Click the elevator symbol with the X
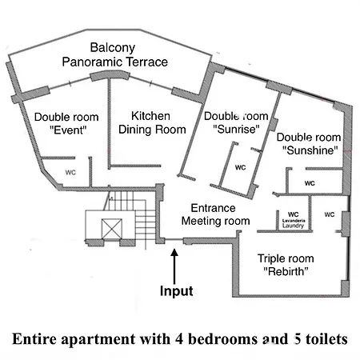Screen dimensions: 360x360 (112, 228)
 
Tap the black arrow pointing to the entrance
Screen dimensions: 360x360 (174, 266)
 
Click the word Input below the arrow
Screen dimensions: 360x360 (176, 290)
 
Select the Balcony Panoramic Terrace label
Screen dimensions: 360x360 (114, 54)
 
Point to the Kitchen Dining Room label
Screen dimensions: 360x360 (152, 122)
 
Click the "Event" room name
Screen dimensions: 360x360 (68, 130)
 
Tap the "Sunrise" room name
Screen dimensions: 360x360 (236, 130)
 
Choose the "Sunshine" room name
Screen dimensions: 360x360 (310, 150)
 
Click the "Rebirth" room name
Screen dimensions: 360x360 (286, 271)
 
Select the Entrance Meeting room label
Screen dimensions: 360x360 (215, 214)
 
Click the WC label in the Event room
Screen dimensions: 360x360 (70, 173)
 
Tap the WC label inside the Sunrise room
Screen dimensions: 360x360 (240, 167)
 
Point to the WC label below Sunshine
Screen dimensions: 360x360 (310, 183)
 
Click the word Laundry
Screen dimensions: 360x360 (293, 226)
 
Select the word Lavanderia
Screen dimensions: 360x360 (294, 221)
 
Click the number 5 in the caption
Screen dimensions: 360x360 (297, 339)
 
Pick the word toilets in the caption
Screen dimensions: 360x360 (326, 339)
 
